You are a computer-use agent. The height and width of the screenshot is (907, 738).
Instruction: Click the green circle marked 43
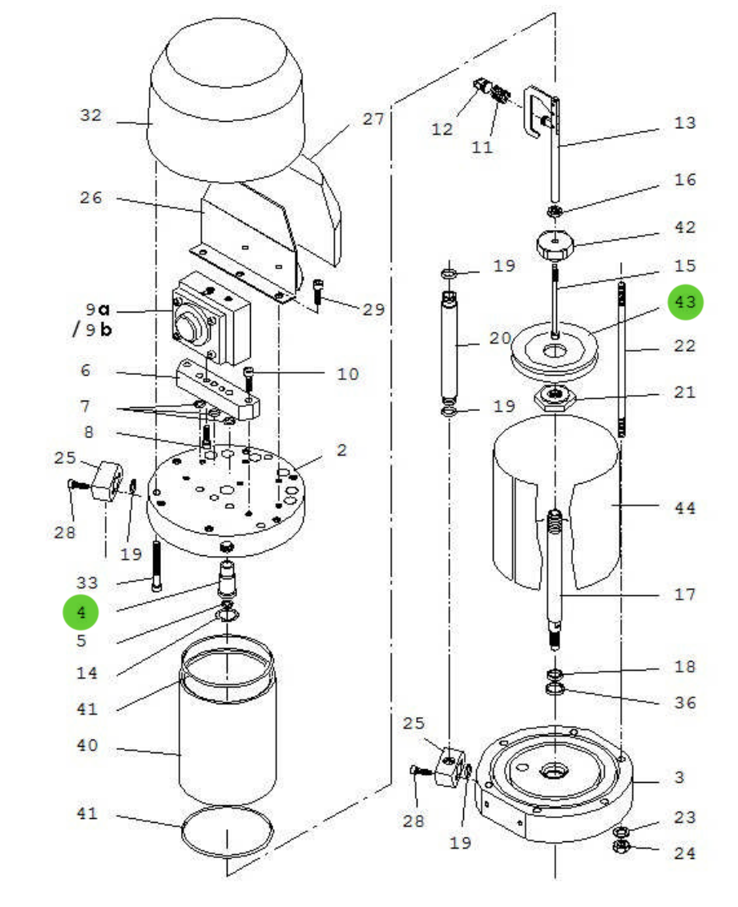686,303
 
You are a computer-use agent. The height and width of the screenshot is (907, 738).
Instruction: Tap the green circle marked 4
81,613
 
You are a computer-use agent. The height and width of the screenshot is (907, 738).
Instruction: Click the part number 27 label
373,119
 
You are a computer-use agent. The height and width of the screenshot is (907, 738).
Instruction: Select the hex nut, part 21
555,396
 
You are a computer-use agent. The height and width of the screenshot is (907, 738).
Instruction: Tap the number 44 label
685,507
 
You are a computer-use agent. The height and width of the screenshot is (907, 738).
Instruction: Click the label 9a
97,308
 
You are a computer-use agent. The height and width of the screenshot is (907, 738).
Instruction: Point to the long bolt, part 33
155,566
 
